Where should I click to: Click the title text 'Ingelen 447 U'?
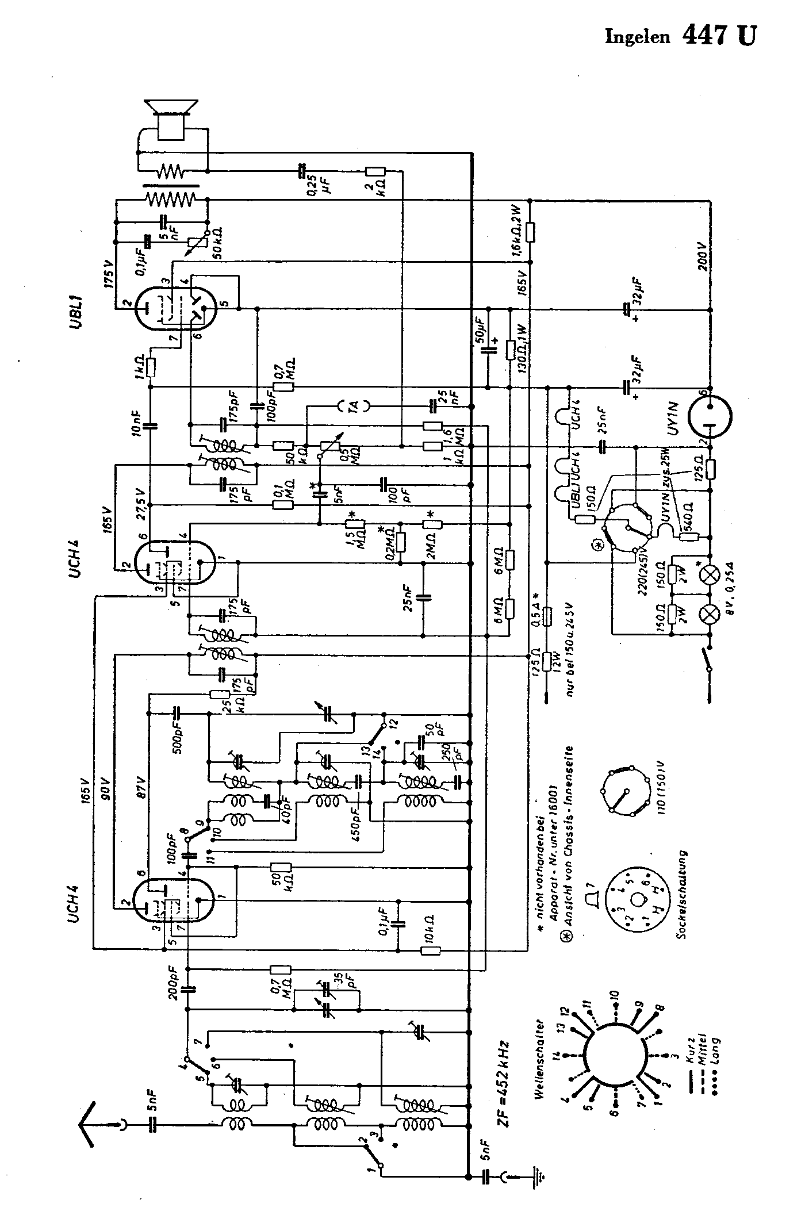681,36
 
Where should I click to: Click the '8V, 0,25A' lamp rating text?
730,612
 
